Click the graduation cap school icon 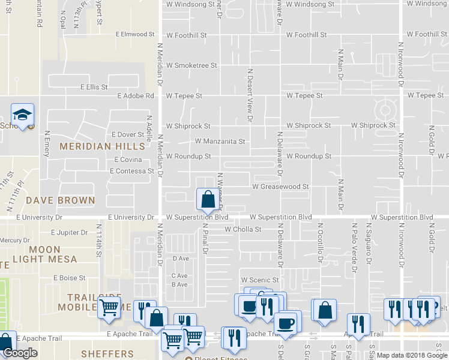(x=23, y=115)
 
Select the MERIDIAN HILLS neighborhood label (x=102, y=146)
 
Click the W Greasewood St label (x=280, y=187)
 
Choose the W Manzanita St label (x=220, y=142)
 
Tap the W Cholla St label (x=243, y=229)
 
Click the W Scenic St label (x=260, y=280)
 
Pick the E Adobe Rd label (x=136, y=95)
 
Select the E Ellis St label (x=94, y=87)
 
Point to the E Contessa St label (x=132, y=171)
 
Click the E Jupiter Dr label (x=70, y=232)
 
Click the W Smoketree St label (x=191, y=65)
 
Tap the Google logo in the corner (x=20, y=353)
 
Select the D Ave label (x=181, y=259)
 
